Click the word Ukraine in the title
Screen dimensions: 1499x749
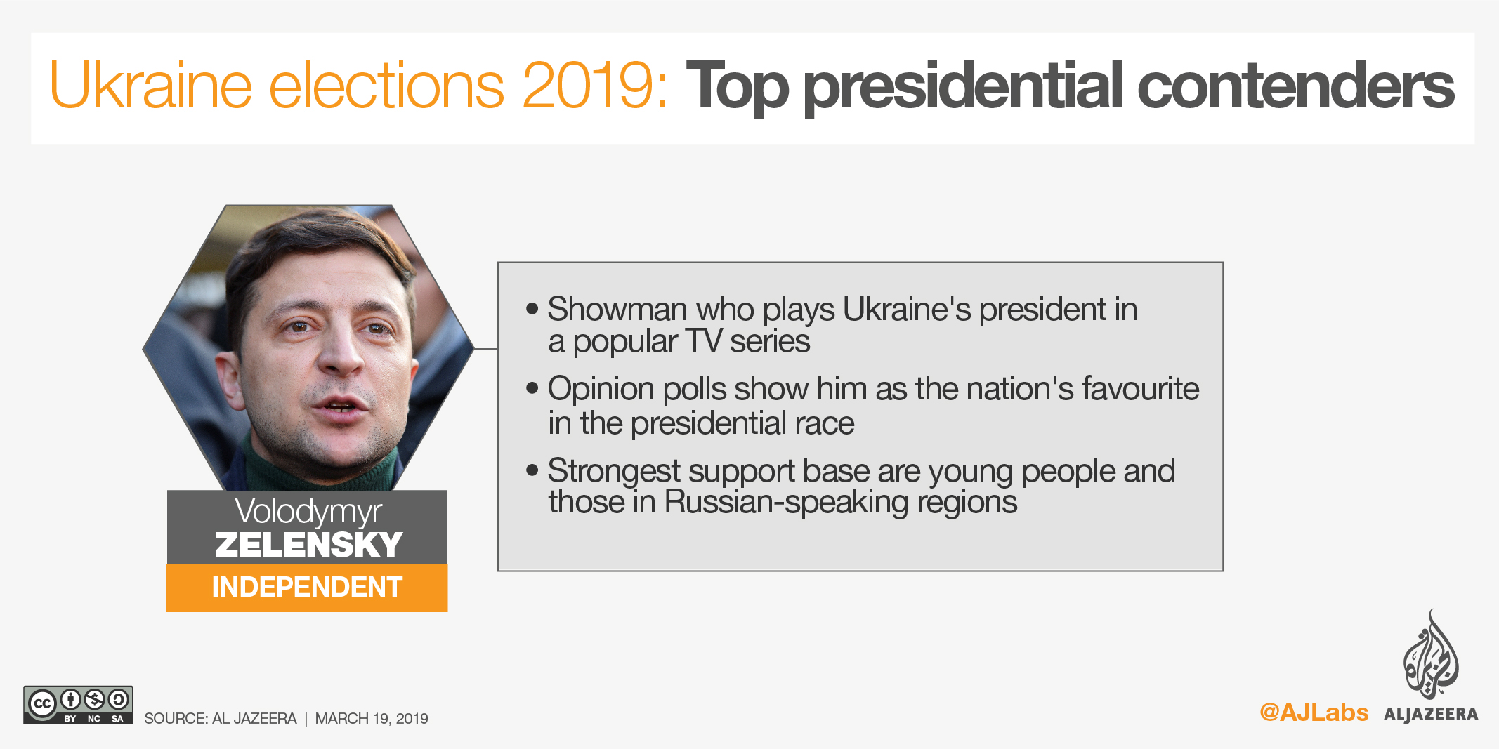tap(150, 86)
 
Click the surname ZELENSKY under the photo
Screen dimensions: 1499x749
tap(308, 545)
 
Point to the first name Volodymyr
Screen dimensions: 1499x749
tap(308, 512)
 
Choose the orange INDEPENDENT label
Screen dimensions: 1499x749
tap(307, 588)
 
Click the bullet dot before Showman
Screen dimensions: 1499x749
tap(532, 308)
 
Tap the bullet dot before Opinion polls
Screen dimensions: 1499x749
tap(532, 387)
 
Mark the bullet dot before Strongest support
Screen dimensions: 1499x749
tap(532, 470)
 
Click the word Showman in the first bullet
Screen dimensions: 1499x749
tap(617, 309)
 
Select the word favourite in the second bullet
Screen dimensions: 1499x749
tap(1141, 388)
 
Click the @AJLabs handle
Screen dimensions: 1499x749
tap(1314, 712)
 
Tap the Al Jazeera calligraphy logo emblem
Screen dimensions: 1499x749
tap(1430, 655)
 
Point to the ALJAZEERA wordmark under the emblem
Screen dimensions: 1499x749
tap(1431, 714)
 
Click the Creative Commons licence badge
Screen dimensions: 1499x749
tap(78, 705)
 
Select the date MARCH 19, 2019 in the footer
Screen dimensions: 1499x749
tap(372, 719)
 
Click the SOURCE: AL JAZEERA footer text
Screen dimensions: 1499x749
tap(221, 719)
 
